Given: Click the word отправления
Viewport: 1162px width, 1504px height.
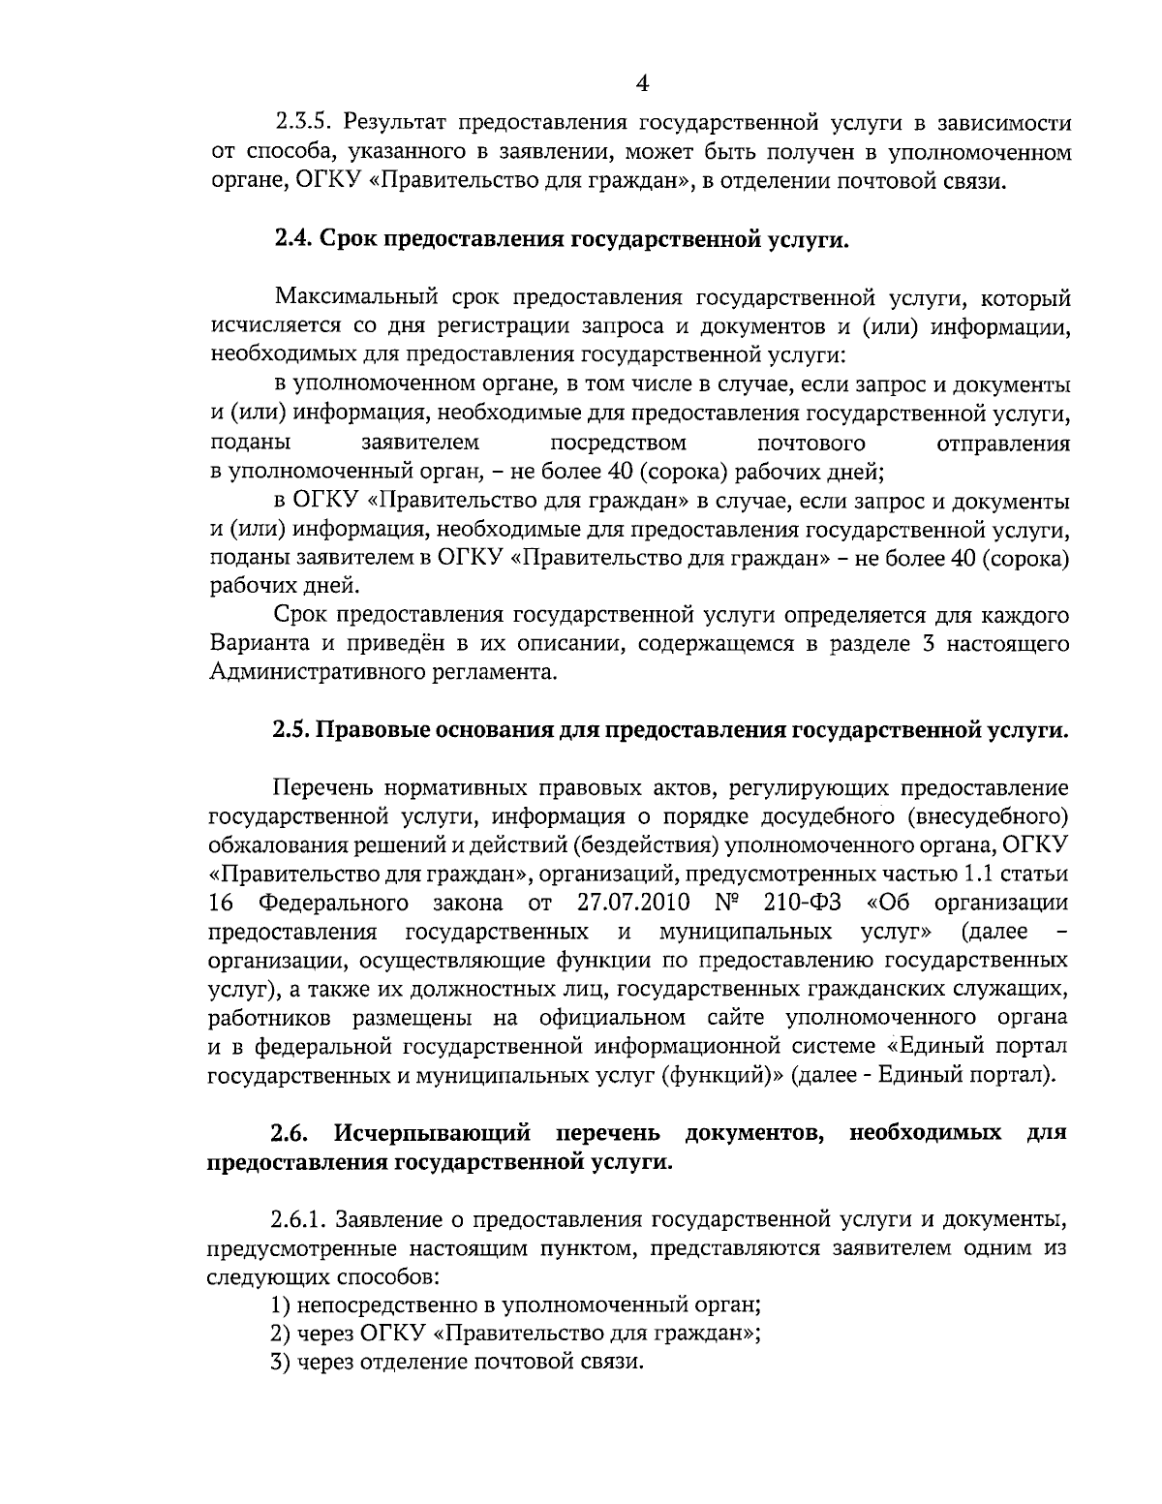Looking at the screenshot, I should [x=1004, y=445].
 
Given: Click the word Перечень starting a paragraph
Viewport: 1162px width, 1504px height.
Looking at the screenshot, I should [x=321, y=787].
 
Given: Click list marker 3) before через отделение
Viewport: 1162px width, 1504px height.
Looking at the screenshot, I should [x=281, y=1362].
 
